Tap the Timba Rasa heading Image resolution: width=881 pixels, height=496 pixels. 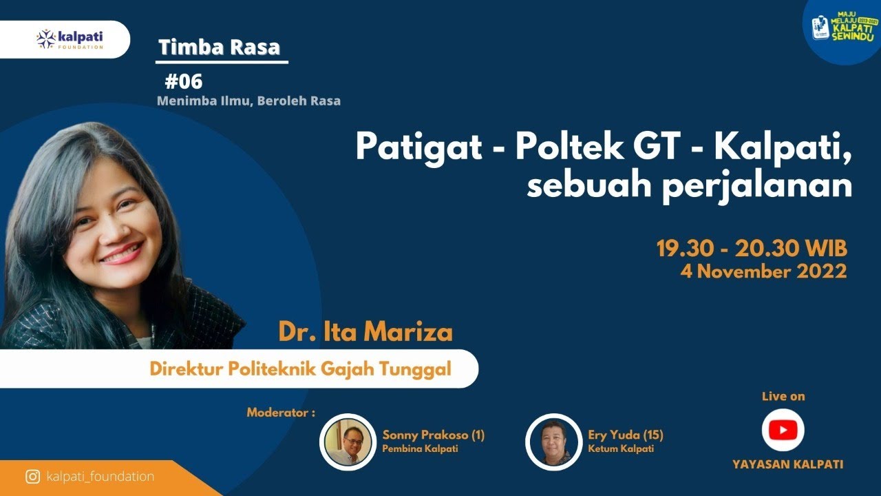pyautogui.click(x=220, y=47)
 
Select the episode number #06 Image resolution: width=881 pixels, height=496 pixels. pyautogui.click(x=184, y=82)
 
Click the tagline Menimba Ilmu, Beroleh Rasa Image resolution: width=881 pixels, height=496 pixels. pyautogui.click(x=248, y=101)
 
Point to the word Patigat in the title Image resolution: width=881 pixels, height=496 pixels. pyautogui.click(x=418, y=146)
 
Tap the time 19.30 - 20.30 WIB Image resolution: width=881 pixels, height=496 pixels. pyautogui.click(x=751, y=248)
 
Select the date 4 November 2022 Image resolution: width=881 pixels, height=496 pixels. pyautogui.click(x=763, y=271)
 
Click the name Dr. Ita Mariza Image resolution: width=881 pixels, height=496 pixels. pyautogui.click(x=365, y=332)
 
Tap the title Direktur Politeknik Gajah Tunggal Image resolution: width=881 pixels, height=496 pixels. pyautogui.click(x=301, y=369)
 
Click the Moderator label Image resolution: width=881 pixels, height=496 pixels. pyautogui.click(x=281, y=413)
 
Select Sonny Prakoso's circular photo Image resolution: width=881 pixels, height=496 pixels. pyautogui.click(x=348, y=442)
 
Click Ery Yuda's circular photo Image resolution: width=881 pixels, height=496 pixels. pyautogui.click(x=553, y=442)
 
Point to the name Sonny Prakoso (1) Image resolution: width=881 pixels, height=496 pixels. pyautogui.click(x=434, y=435)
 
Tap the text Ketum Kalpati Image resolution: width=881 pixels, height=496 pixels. pyautogui.click(x=621, y=449)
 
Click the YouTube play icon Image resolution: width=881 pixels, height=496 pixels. pyautogui.click(x=783, y=431)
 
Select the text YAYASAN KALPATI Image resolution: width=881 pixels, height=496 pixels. pyautogui.click(x=787, y=464)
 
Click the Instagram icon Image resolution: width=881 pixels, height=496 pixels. pyautogui.click(x=32, y=477)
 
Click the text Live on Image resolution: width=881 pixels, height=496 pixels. pyautogui.click(x=783, y=396)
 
